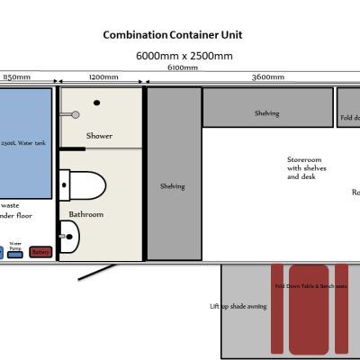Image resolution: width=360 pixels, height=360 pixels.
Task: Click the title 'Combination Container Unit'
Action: point(172,35)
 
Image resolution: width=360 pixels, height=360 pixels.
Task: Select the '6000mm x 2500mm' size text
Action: point(184,56)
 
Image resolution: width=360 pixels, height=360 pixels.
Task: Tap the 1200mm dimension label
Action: point(103,78)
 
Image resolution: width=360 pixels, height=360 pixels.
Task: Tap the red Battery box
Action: point(40,252)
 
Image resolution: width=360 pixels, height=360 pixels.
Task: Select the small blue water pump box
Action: point(15,254)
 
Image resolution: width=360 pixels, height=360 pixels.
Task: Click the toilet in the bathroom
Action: point(82,186)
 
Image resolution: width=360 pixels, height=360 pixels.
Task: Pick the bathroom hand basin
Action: point(69,237)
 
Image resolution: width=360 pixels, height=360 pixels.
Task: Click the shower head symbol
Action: point(76,114)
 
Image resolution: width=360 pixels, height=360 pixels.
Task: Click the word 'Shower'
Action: point(99,136)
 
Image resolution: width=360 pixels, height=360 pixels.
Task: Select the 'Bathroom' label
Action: point(85,214)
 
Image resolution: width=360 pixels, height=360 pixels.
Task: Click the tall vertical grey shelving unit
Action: point(173,173)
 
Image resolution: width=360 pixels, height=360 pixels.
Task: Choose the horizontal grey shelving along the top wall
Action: point(266,107)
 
